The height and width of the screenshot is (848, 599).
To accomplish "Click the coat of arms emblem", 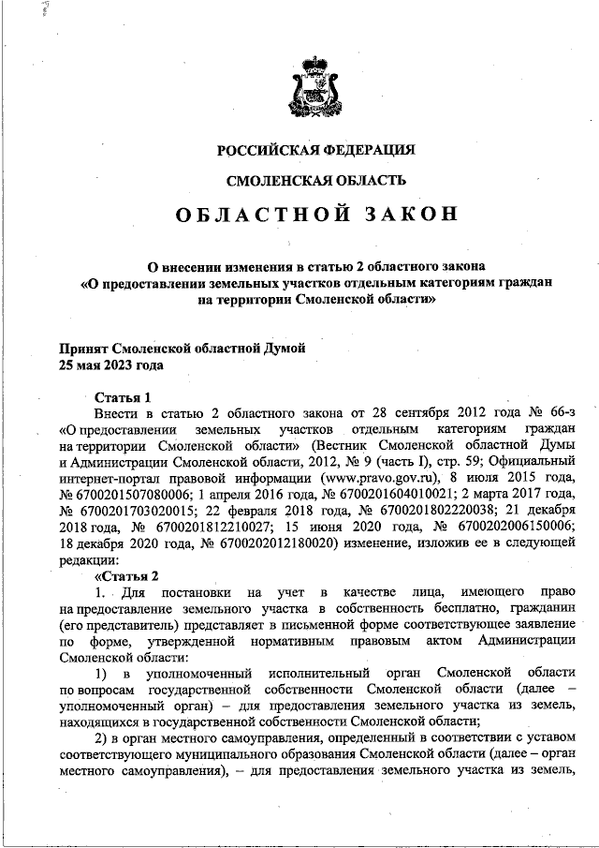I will point(315,87).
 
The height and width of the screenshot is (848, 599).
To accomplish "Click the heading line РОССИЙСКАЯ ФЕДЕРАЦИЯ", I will point(315,150).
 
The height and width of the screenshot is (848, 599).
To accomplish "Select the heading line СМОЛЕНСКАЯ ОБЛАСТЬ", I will point(315,179).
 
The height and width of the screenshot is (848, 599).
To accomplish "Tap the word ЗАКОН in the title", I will point(407,214).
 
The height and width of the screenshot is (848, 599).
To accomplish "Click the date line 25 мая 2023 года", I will point(111,364).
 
